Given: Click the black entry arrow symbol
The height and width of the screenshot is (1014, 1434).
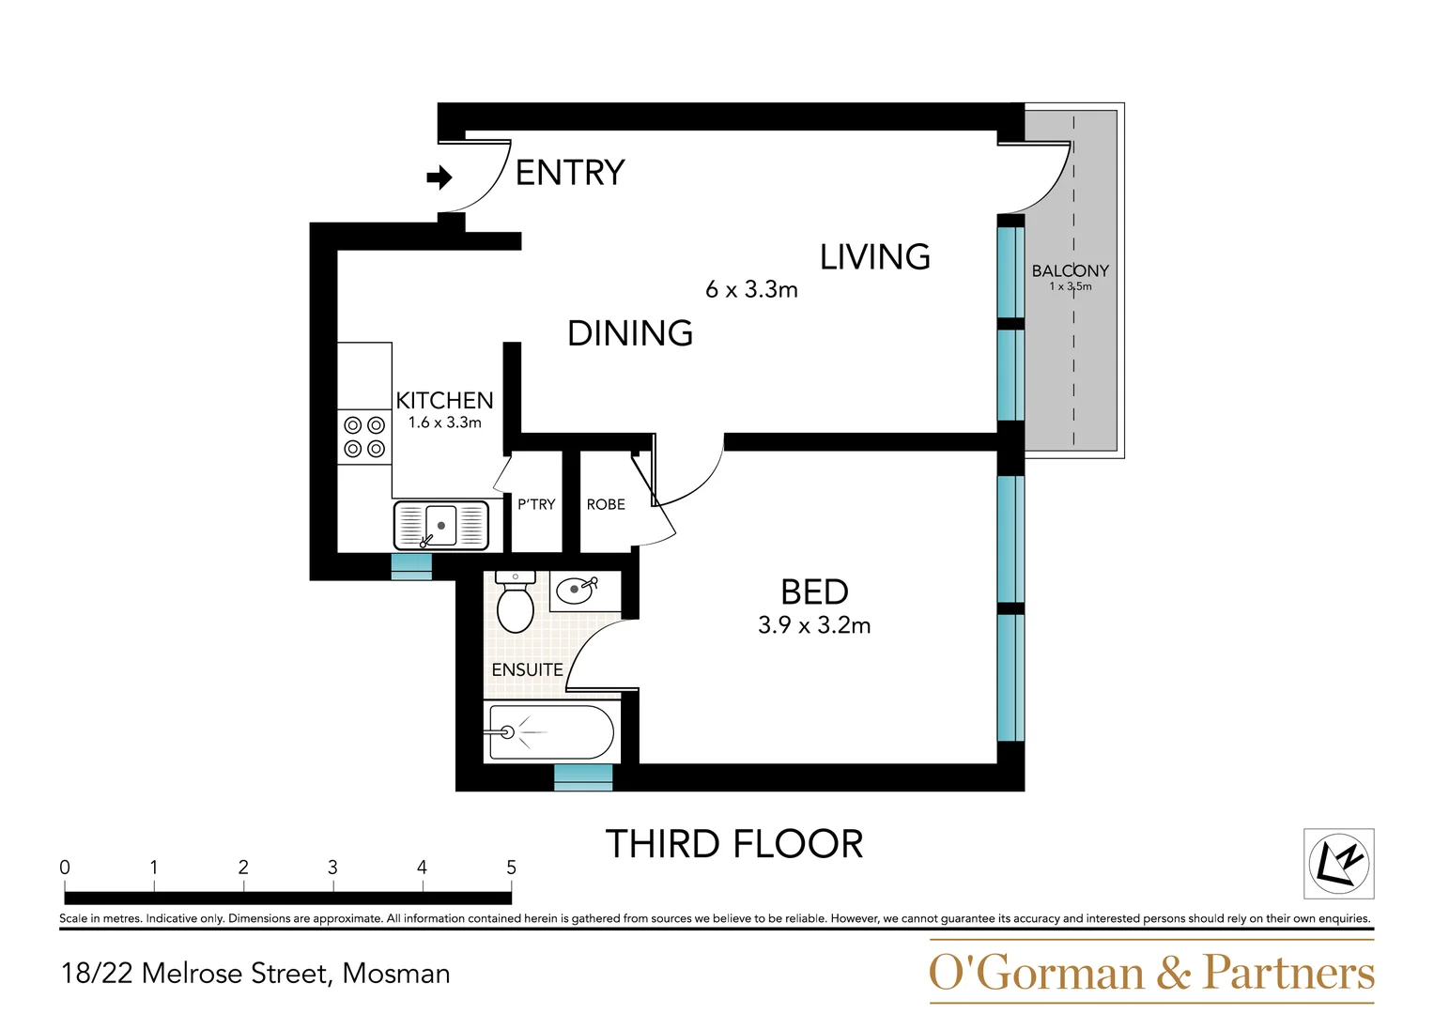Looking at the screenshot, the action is [439, 177].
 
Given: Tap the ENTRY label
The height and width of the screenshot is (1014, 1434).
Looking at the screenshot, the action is [570, 173].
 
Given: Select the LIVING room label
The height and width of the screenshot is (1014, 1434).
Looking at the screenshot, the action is [875, 256].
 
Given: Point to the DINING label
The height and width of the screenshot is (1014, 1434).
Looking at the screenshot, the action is [630, 333].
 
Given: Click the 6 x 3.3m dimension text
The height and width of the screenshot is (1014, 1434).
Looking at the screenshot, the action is [751, 290].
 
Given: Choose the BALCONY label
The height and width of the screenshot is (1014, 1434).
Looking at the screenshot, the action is [1071, 270].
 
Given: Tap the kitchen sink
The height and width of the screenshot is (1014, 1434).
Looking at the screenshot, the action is [441, 526].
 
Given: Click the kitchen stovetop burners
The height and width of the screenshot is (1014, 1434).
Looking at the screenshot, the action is [364, 437].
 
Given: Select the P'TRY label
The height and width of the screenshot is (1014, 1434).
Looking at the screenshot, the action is [536, 504].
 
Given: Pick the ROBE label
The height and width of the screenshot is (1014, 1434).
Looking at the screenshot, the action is [606, 504].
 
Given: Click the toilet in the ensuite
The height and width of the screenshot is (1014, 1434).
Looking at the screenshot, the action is [516, 603].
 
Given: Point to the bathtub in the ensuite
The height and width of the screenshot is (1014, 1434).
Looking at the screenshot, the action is [551, 732].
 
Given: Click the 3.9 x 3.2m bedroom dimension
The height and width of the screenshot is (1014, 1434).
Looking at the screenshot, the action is [814, 625].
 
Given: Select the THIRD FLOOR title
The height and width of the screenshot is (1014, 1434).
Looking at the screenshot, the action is [734, 844].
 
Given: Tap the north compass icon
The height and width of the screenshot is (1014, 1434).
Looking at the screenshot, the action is [1338, 864].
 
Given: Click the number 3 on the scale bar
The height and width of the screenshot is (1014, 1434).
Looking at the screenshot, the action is [332, 868].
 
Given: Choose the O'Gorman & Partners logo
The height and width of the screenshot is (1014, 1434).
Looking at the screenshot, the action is [1151, 972].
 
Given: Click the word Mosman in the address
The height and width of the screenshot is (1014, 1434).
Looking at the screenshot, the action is [396, 974].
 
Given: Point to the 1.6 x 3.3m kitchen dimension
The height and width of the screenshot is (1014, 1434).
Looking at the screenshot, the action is [445, 422].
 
